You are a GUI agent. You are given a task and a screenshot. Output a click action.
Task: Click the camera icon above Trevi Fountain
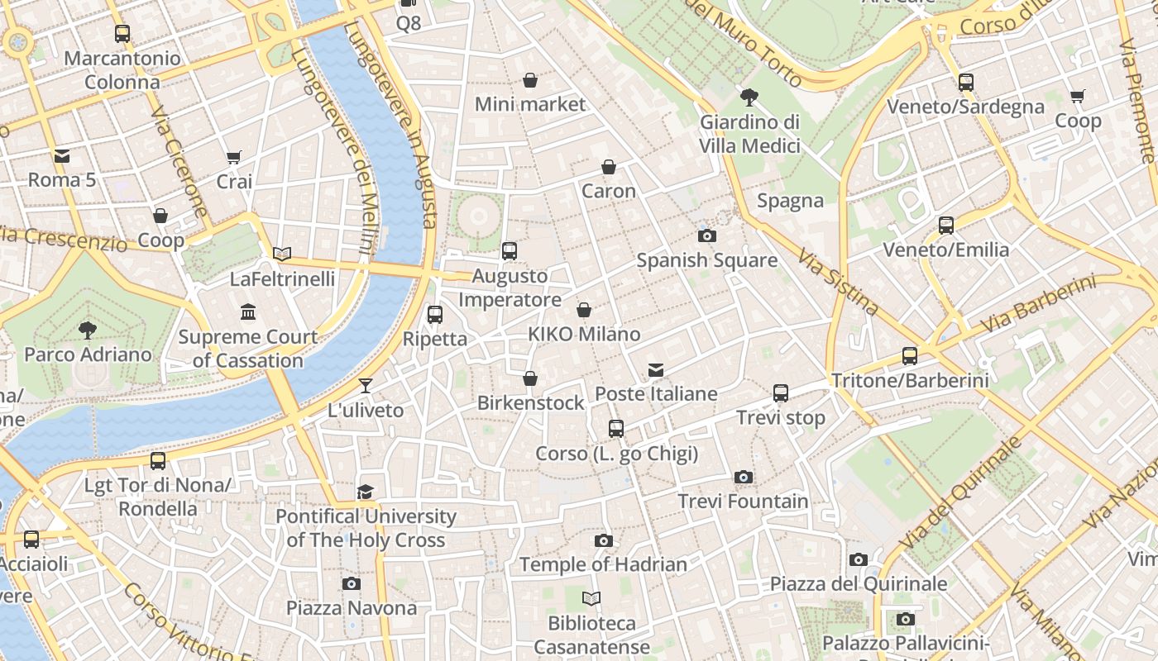(x=743, y=477)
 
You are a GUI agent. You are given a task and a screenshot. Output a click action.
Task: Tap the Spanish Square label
(x=706, y=260)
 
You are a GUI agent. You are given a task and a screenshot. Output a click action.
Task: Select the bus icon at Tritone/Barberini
(x=910, y=356)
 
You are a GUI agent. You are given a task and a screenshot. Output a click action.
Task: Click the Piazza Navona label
(x=352, y=608)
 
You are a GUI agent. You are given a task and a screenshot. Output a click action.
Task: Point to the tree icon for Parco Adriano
(x=87, y=330)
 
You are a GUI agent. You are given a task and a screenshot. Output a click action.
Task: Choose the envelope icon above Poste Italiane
(x=656, y=369)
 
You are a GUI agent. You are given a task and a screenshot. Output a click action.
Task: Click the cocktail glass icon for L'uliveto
(x=366, y=386)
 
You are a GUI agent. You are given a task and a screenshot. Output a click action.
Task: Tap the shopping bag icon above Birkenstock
(x=530, y=378)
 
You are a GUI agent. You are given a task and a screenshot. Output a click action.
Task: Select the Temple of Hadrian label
(x=603, y=565)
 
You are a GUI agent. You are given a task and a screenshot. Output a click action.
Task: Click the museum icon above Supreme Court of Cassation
(x=248, y=311)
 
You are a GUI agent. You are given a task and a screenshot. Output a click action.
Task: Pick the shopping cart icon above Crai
(x=234, y=157)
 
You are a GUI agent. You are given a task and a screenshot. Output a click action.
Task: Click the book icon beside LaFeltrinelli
(x=282, y=254)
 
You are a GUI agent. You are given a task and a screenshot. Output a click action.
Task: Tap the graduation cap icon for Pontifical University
(x=366, y=492)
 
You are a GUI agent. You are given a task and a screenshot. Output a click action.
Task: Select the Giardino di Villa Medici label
(x=749, y=134)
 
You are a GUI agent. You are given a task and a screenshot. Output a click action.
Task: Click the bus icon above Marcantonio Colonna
(x=122, y=34)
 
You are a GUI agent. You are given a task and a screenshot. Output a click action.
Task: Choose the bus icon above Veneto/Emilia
(x=946, y=226)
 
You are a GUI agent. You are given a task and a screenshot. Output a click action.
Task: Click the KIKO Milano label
(x=584, y=335)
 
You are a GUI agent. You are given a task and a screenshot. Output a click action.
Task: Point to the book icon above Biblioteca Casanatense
(x=591, y=599)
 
